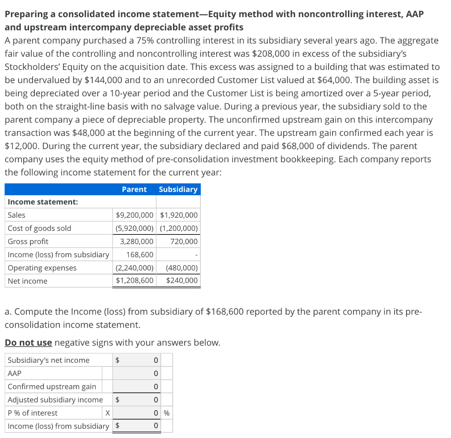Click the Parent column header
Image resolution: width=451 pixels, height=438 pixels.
[134, 189]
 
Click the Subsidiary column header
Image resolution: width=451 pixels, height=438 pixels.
[178, 189]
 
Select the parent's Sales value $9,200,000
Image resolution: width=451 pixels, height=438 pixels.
[134, 215]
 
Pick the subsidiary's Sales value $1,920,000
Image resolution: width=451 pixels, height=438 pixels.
[179, 215]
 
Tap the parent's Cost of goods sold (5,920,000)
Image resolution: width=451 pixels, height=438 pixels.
[134, 228]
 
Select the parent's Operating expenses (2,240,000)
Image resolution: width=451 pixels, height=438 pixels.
[134, 268]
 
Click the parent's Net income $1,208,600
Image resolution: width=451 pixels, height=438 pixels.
[134, 281]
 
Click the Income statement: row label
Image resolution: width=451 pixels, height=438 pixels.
[43, 202]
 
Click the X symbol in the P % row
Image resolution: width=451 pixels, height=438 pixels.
[107, 413]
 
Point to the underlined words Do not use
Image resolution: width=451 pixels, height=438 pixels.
[28, 343]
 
